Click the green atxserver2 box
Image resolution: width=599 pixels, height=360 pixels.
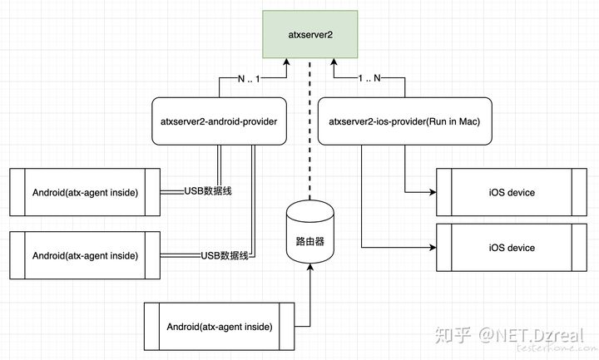point(309,34)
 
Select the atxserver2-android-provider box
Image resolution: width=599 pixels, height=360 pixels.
point(219,121)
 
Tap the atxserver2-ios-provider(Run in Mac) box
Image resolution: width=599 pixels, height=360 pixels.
point(404,121)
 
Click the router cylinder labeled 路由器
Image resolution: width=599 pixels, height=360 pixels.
point(309,232)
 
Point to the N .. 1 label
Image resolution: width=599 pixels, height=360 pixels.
point(249,79)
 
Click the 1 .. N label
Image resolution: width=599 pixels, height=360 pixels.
point(369,78)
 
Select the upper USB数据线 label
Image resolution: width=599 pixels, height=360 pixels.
point(208,191)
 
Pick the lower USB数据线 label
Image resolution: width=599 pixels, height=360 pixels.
point(225,255)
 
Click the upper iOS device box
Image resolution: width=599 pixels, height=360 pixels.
point(512,192)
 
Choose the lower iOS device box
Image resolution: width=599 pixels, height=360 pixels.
point(512,248)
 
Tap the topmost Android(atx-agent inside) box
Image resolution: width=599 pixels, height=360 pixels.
point(85,192)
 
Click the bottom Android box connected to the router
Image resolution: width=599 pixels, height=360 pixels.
point(220,327)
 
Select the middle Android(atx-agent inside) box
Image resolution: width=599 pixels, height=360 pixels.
point(85,255)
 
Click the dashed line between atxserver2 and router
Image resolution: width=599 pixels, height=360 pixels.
point(309,130)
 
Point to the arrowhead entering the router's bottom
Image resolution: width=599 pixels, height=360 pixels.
point(309,267)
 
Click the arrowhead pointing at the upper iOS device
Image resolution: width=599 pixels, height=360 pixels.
point(433,192)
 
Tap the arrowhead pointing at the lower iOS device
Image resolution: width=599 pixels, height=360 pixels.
point(433,248)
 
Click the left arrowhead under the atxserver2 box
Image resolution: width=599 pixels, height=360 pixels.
point(286,62)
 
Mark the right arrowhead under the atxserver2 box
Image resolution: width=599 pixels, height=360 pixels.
point(334,62)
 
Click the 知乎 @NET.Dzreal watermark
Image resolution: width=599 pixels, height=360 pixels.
point(509,335)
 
